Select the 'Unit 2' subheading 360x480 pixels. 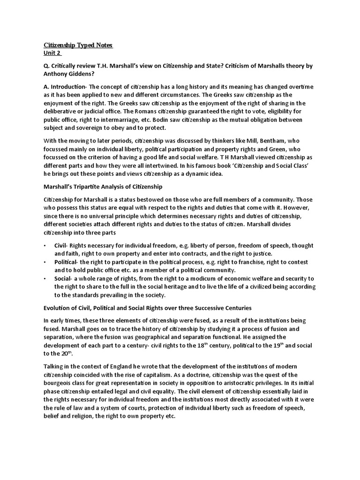[52, 53]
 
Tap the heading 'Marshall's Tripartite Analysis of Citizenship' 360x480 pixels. [103, 187]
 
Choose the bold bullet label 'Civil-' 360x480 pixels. [62, 246]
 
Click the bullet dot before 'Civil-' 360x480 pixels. [45, 246]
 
